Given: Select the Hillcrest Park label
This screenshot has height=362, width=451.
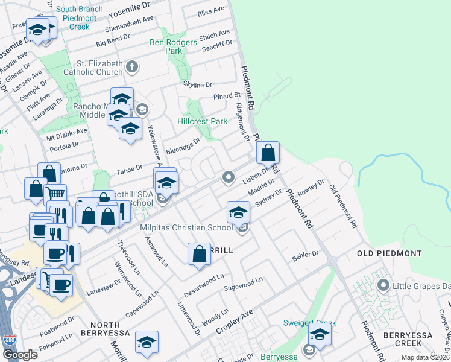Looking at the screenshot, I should (203, 121).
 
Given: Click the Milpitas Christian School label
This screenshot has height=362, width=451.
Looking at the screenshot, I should (186, 227).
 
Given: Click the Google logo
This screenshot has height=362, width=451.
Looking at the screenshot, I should (20, 355).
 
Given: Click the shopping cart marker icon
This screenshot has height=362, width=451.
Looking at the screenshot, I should (55, 194).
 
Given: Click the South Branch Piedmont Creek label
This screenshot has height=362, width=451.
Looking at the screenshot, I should (75, 18).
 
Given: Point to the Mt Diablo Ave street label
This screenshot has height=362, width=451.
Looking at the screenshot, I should (68, 131).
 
